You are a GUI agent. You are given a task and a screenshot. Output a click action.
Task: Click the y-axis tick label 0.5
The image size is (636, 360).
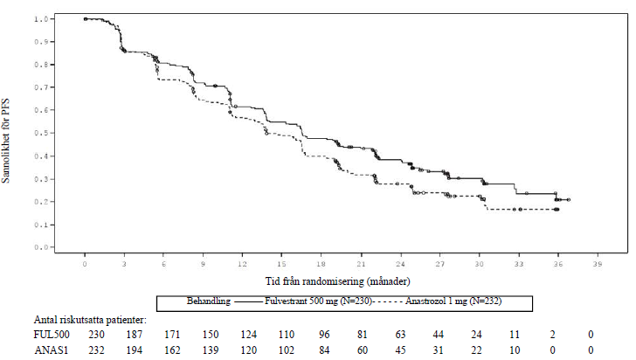pyautogui.click(x=41, y=133)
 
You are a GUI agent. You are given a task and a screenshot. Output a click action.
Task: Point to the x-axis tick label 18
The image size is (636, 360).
pyautogui.click(x=321, y=264)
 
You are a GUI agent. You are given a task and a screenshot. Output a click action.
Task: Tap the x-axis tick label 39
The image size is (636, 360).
pyautogui.click(x=597, y=264)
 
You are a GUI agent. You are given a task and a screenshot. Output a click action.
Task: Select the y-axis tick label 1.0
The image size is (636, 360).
pyautogui.click(x=41, y=18)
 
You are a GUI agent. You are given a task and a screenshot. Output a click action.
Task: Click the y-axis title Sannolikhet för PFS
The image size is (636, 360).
pyautogui.click(x=5, y=141)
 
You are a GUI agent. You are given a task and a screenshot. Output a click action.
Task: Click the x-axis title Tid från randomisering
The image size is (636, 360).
pyautogui.click(x=315, y=281)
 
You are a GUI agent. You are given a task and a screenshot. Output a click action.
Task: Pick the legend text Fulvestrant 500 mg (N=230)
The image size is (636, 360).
pyautogui.click(x=318, y=301)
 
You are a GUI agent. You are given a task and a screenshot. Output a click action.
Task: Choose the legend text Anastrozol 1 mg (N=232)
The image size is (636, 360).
pyautogui.click(x=453, y=301)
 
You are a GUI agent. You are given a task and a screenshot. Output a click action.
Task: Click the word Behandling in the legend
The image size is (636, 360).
pyautogui.click(x=209, y=301)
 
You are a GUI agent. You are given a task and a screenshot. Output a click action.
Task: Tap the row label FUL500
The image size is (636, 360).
pyautogui.click(x=52, y=335)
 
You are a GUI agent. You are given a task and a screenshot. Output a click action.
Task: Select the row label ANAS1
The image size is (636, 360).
pyautogui.click(x=51, y=350)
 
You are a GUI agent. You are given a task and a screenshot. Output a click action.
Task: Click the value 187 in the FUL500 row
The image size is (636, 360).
pyautogui.click(x=135, y=335)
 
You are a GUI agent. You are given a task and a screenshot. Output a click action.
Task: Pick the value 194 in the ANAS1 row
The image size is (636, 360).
pyautogui.click(x=135, y=350)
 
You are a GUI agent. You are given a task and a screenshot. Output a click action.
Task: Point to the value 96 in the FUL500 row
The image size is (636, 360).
pyautogui.click(x=324, y=335)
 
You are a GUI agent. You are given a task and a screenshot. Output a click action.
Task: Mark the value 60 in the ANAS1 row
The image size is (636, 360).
pyautogui.click(x=363, y=350)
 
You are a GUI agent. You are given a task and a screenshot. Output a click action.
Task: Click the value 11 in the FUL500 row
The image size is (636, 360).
pyautogui.click(x=515, y=335)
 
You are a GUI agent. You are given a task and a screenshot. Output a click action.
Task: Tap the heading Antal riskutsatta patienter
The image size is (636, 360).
pyautogui.click(x=90, y=320)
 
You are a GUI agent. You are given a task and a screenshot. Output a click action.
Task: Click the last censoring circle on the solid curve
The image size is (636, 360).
pyautogui.click(x=569, y=200)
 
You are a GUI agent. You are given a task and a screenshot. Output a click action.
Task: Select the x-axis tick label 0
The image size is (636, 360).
pyautogui.click(x=85, y=264)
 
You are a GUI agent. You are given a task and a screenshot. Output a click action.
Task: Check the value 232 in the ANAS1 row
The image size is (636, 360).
pyautogui.click(x=96, y=350)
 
